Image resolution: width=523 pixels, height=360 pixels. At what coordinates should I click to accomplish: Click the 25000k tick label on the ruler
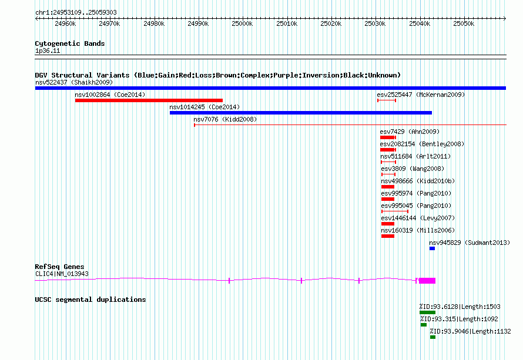point(242,24)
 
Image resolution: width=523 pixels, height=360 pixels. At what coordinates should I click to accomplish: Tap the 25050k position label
point(464,24)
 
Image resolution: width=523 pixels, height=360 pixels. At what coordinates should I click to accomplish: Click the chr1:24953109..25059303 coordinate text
point(76,12)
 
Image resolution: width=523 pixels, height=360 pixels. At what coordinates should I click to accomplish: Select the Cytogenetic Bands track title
point(69,43)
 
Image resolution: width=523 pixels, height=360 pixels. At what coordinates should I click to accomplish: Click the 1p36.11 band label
point(48,51)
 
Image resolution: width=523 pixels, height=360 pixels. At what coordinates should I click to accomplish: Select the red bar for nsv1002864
point(149,100)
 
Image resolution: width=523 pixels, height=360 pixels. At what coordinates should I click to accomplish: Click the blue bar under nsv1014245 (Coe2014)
point(300,113)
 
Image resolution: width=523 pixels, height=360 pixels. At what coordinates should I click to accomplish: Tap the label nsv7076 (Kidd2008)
point(225,119)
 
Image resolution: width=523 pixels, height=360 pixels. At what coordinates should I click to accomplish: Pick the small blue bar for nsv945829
point(432,248)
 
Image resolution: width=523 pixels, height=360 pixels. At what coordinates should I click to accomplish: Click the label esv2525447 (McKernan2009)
point(421,95)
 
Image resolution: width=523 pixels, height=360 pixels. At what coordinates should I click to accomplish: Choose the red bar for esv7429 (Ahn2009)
point(388,137)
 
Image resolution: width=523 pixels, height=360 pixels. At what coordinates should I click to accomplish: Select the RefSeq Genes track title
point(59,267)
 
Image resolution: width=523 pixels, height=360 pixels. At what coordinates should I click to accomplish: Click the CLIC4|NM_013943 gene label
point(62,274)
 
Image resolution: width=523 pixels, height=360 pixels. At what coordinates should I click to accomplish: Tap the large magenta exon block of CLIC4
point(427,281)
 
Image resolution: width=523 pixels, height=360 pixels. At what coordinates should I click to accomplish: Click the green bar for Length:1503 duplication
point(427,312)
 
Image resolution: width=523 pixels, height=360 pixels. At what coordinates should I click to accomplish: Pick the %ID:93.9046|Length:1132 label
point(470,331)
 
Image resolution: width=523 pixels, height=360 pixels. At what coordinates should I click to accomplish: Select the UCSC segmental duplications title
point(90,300)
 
